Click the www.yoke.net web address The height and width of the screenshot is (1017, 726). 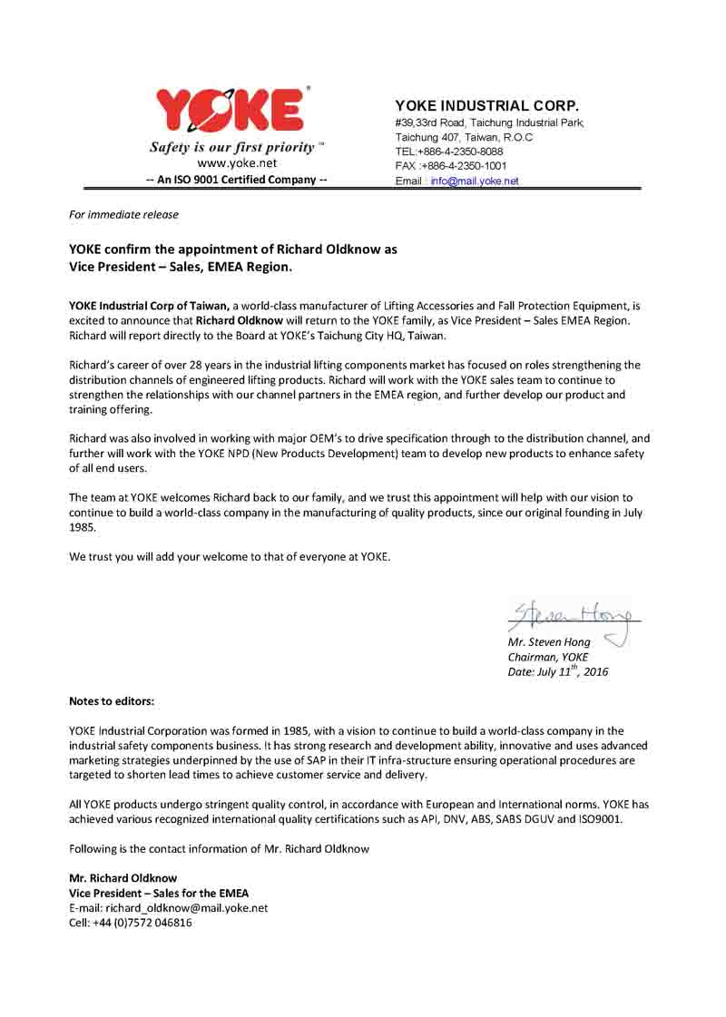point(236,163)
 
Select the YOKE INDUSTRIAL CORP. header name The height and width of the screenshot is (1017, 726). point(486,105)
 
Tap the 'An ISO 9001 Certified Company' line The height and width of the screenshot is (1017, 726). point(236,180)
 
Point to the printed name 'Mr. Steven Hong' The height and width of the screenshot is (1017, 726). point(549,642)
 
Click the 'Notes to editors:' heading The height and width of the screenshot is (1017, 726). point(112,701)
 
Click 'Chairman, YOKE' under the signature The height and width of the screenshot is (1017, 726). point(547,657)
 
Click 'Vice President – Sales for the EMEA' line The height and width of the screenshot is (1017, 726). point(159,893)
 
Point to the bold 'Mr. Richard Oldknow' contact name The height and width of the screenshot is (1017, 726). point(123,878)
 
